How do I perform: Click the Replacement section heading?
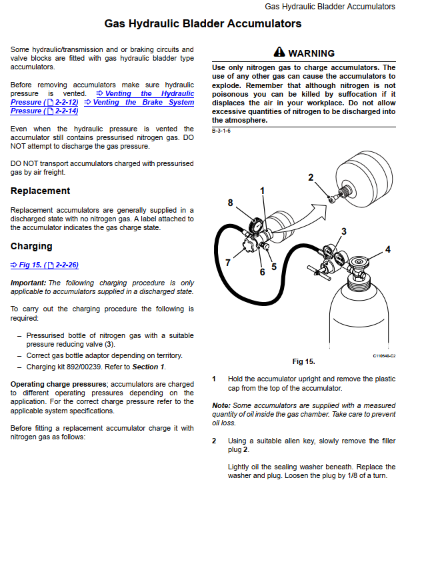(40, 191)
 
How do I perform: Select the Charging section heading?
(31, 246)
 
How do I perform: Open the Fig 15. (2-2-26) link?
(45, 265)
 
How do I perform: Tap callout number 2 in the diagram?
(311, 177)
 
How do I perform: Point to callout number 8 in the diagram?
(230, 203)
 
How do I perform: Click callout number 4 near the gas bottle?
(388, 249)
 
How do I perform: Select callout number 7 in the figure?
(227, 263)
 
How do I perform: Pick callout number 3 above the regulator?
(343, 231)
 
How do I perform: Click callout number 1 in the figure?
(263, 191)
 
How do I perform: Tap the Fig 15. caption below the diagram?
(303, 361)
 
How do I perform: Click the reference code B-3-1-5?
(221, 131)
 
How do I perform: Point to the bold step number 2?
(214, 441)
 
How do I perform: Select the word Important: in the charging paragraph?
(28, 283)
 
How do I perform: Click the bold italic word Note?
(221, 405)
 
